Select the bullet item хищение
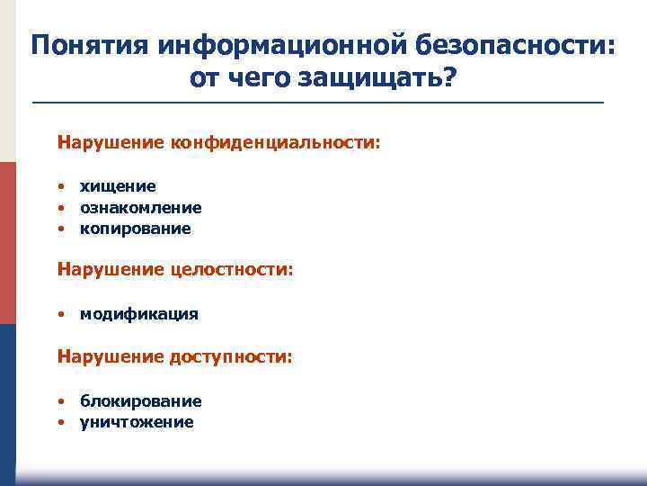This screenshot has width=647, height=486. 118,186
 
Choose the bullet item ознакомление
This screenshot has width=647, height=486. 140,208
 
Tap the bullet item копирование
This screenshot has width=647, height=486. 135,229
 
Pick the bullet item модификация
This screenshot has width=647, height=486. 138,315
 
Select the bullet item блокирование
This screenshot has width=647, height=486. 140,401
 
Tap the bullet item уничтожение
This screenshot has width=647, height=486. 136,422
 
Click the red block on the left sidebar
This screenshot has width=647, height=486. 7,243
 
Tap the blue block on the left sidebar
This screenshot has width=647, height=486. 7,396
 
